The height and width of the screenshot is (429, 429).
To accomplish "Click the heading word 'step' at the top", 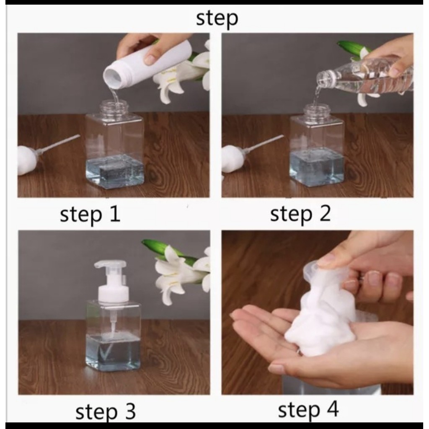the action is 217,18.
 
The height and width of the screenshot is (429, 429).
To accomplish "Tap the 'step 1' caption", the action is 90,214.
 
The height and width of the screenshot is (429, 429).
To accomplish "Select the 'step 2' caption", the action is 300,214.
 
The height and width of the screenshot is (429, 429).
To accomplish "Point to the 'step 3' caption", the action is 105,412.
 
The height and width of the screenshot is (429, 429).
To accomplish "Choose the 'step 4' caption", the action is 308,410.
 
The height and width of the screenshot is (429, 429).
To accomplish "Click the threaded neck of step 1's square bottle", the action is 114,107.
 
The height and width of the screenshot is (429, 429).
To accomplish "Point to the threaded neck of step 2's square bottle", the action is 318,111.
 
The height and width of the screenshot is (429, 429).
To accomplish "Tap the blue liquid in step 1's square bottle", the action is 114,171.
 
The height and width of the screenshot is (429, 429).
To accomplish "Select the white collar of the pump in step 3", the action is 114,294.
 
